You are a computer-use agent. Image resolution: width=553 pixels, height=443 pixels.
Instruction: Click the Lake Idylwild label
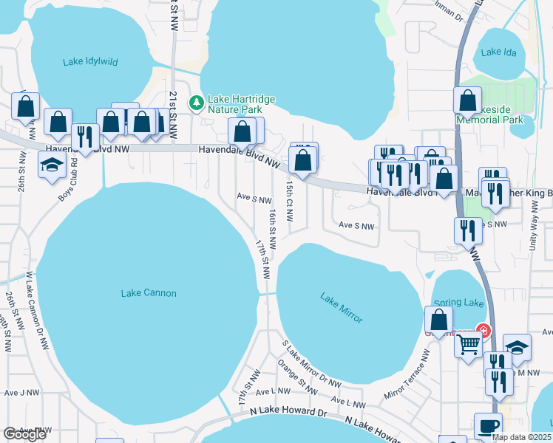[x=90, y=61]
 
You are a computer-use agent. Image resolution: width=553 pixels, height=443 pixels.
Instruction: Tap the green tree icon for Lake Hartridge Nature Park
[x=196, y=102]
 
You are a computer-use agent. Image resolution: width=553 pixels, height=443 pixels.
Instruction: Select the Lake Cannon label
[x=149, y=293]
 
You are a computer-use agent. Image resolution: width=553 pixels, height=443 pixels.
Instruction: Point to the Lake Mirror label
[x=342, y=308]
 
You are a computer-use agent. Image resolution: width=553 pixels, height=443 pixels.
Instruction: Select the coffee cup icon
[x=487, y=427]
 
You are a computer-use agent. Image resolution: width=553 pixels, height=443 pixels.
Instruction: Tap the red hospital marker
[x=484, y=329]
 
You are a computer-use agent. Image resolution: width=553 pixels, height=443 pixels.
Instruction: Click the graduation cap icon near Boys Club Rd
[x=52, y=166]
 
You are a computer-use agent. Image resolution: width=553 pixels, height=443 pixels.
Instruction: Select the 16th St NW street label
[x=273, y=222]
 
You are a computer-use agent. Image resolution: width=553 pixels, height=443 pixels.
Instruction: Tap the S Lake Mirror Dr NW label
[x=311, y=364]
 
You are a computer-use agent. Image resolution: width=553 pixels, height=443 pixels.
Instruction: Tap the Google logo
[x=24, y=435]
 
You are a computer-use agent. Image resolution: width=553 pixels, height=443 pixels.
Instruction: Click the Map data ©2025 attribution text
[x=521, y=437]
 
